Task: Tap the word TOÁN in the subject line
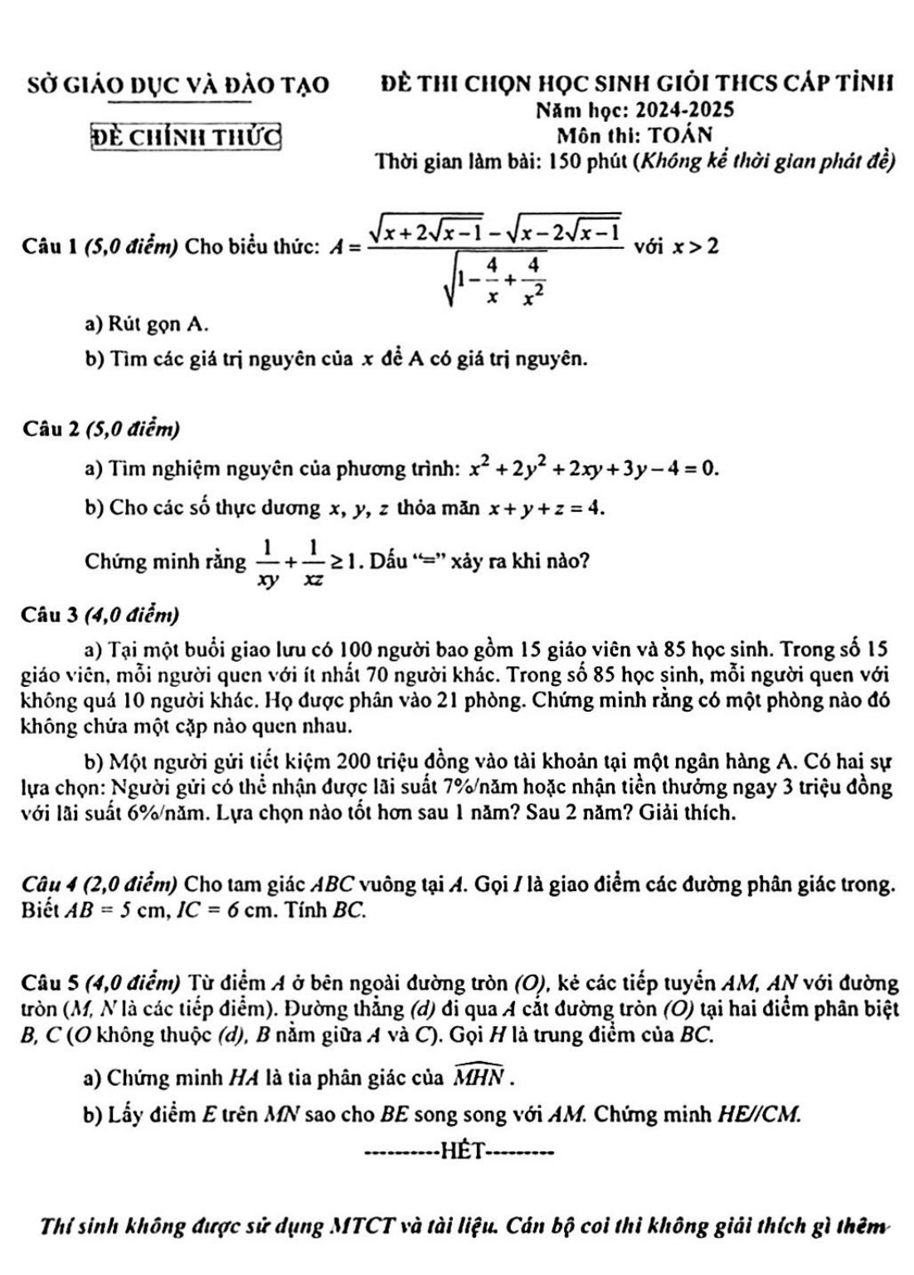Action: click(680, 134)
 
